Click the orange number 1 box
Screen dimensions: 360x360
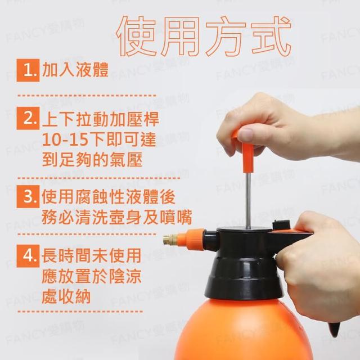tap(28, 70)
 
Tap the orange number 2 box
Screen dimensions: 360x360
tap(28, 118)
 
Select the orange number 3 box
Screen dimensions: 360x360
tap(28, 196)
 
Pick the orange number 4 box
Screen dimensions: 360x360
tap(28, 256)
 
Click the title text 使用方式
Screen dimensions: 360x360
tap(204, 36)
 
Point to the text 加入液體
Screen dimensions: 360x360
tap(75, 70)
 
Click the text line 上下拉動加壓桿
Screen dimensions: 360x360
tap(101, 119)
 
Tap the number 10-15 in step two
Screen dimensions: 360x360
tap(65, 139)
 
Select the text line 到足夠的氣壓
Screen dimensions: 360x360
tap(92, 159)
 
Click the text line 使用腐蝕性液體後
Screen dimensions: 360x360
tap(109, 197)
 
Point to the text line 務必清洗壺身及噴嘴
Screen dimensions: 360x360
tap(116, 217)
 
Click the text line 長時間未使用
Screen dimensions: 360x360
tap(91, 255)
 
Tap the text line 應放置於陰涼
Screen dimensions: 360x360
tap(91, 276)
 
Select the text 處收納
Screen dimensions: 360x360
tap(66, 296)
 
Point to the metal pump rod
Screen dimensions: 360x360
tap(247, 200)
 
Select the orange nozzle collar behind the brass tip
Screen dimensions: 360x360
tap(191, 239)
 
